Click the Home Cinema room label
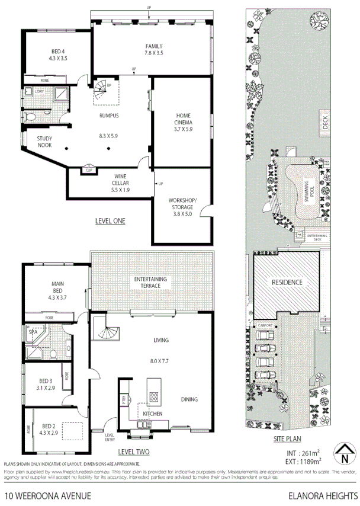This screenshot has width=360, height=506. pyautogui.click(x=182, y=119)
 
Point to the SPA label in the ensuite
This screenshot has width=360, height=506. pyautogui.click(x=33, y=333)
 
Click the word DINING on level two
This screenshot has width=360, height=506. pyautogui.click(x=189, y=399)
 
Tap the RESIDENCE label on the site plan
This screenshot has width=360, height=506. pyautogui.click(x=287, y=282)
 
